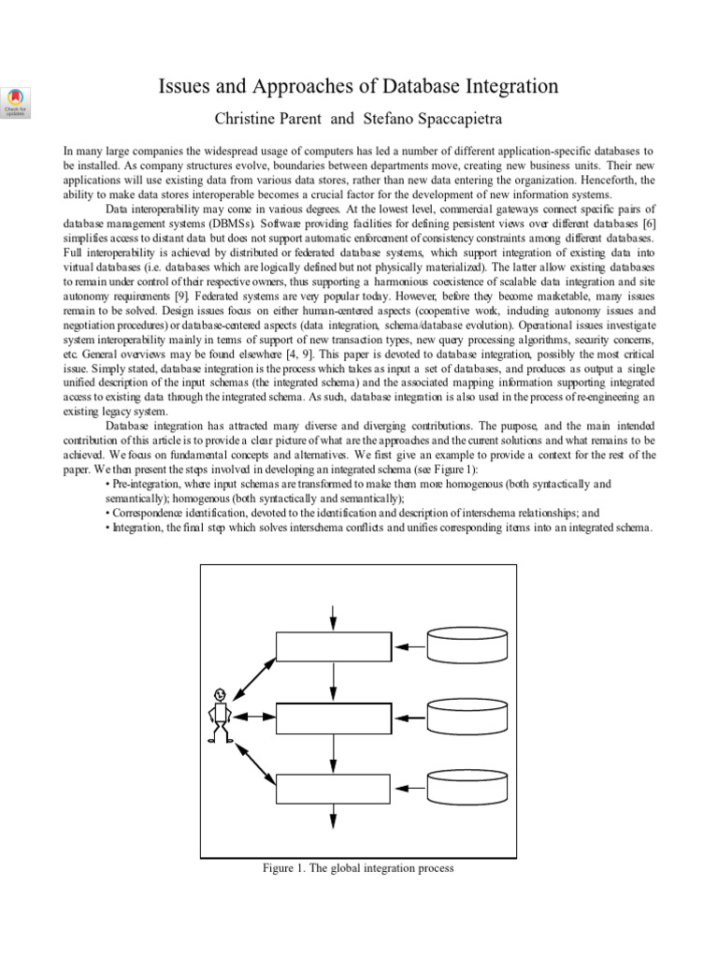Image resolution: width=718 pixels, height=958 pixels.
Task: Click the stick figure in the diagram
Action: pyautogui.click(x=220, y=717)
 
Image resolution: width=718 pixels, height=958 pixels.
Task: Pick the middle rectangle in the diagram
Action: pyautogui.click(x=333, y=717)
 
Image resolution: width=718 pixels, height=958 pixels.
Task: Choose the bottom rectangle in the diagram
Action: pyautogui.click(x=333, y=788)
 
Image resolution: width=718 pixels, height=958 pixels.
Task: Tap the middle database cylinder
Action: pyautogui.click(x=467, y=717)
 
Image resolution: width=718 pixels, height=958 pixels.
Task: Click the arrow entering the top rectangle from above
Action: pyautogui.click(x=333, y=617)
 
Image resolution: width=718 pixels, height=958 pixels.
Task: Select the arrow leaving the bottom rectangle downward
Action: pyautogui.click(x=333, y=816)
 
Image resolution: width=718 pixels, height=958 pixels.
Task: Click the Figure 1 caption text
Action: pyautogui.click(x=359, y=868)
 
